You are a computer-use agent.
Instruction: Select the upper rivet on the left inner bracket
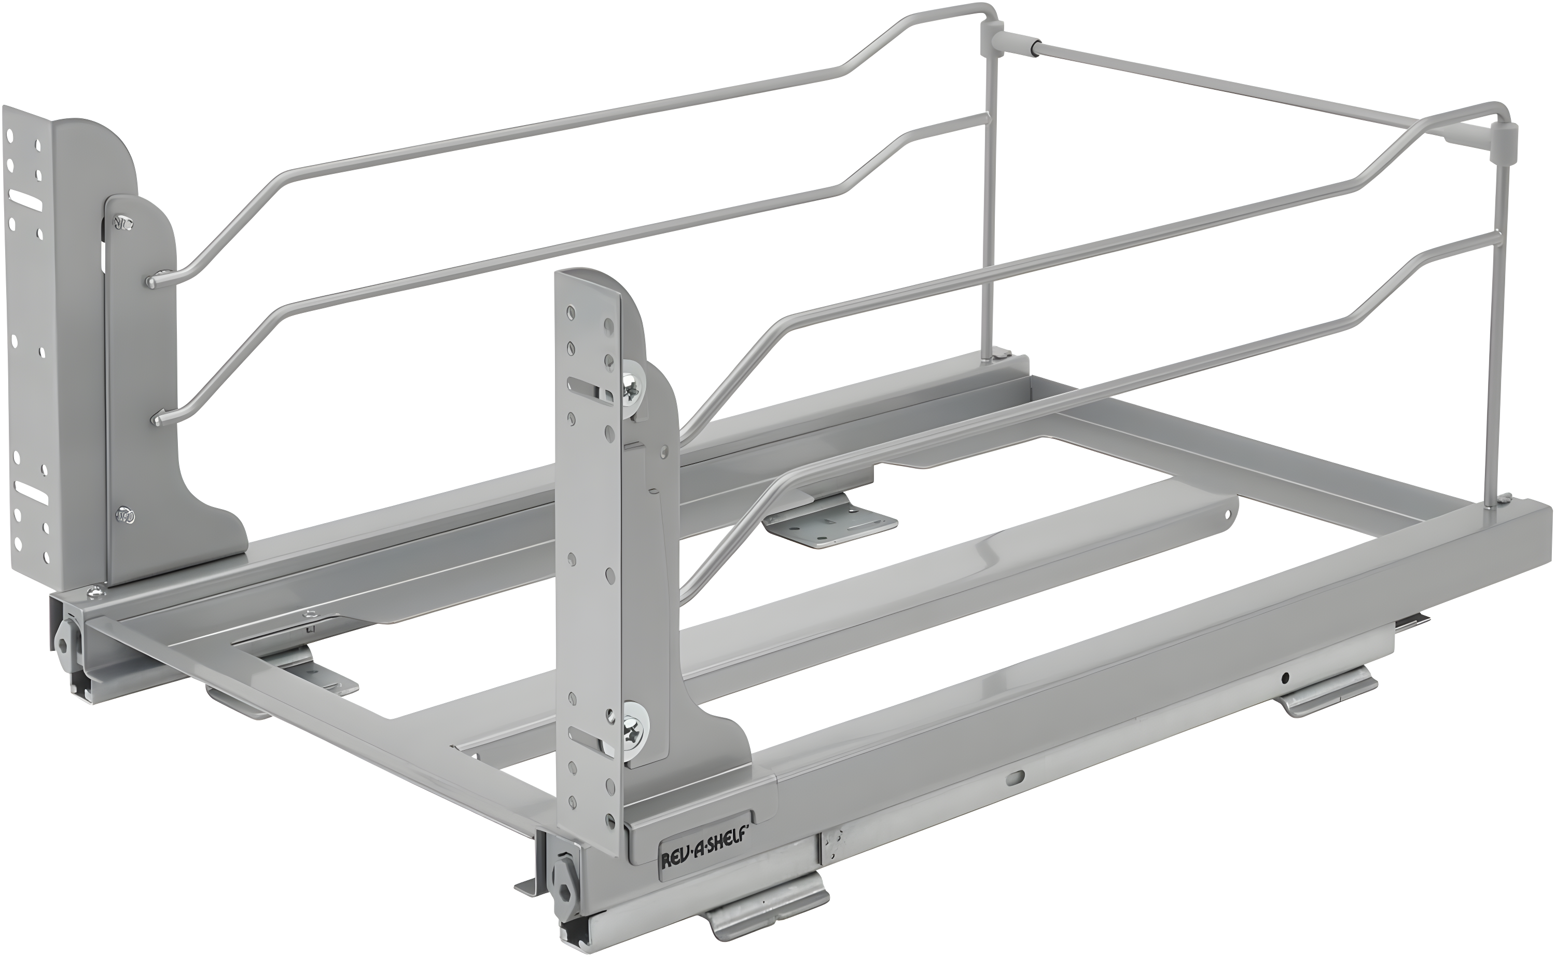tap(121, 222)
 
